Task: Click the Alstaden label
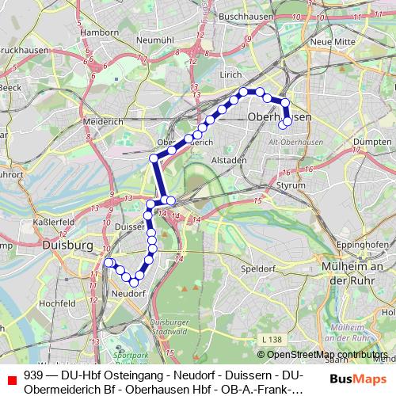(230, 159)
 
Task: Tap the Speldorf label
(257, 268)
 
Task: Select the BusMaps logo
(352, 379)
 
